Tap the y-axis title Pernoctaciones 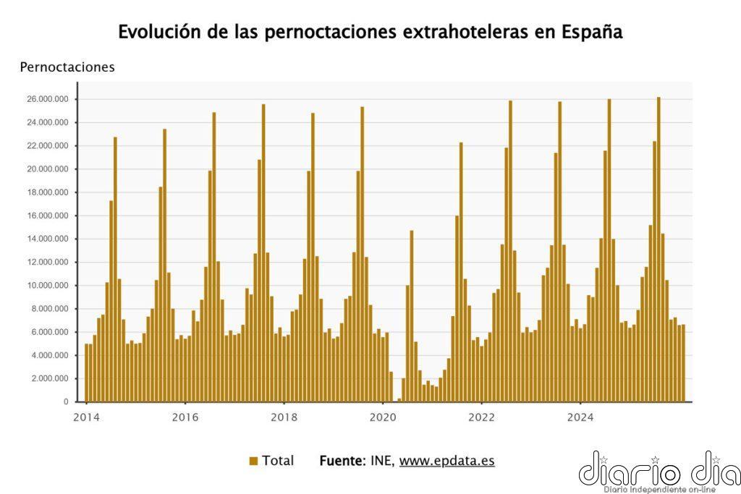[x=67, y=67]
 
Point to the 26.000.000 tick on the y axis [x=47, y=99]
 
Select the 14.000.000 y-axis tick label [x=47, y=239]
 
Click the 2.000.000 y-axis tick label [x=49, y=378]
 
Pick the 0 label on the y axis [x=66, y=401]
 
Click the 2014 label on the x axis [x=86, y=417]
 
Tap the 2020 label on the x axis [x=383, y=417]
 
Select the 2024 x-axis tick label [x=580, y=417]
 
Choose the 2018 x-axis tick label [x=284, y=417]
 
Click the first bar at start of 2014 [x=87, y=372]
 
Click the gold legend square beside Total [x=253, y=461]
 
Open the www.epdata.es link [x=446, y=461]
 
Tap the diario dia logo [x=659, y=472]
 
